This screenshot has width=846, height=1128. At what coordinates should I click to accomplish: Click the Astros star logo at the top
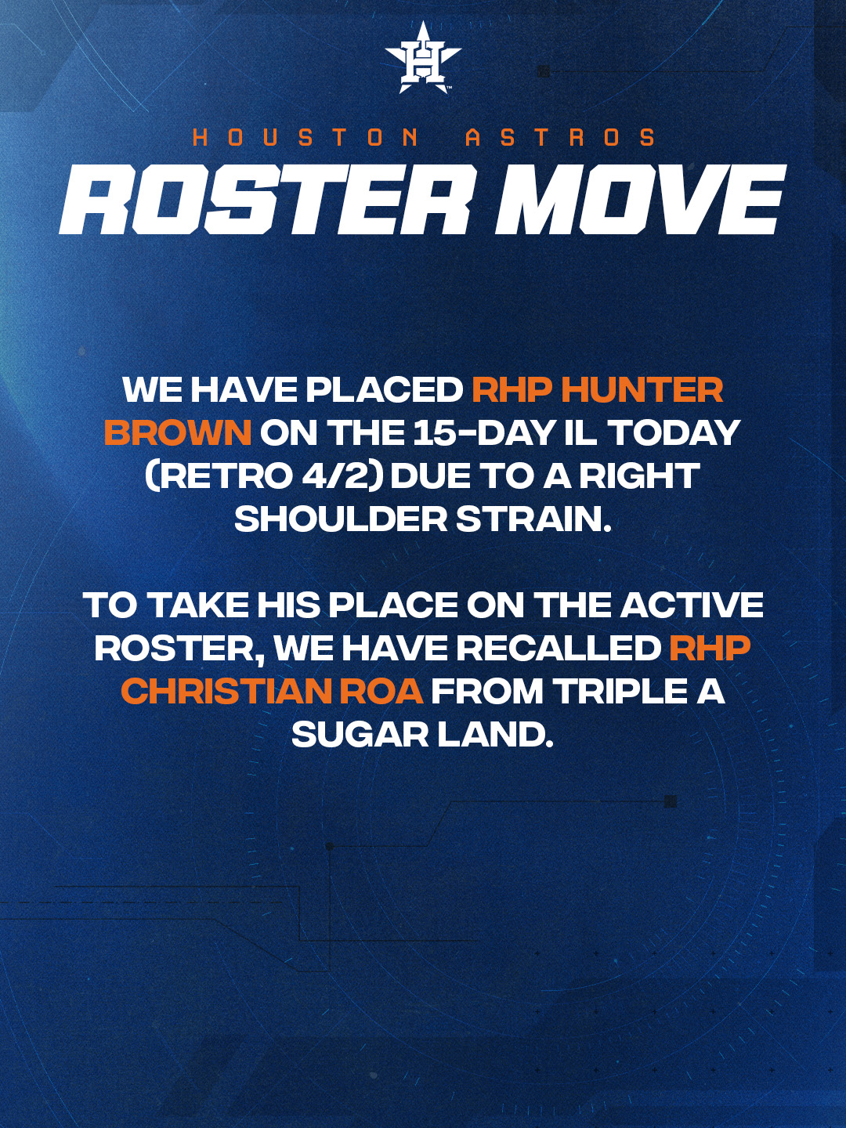coord(423,57)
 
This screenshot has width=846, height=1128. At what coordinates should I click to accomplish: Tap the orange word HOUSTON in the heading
coord(306,138)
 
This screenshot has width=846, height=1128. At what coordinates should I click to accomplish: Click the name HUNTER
coord(642,390)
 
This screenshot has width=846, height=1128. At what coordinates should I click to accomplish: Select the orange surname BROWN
coord(178,433)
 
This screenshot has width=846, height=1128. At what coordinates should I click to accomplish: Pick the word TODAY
coord(673,433)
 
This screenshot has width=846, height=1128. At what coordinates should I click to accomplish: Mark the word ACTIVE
coord(692,606)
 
